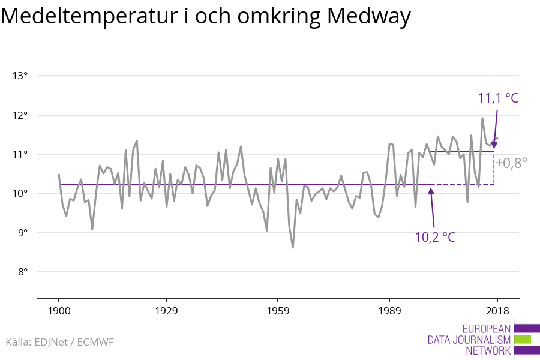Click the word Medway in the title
(x=369, y=17)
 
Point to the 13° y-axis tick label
(x=20, y=76)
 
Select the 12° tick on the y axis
(x=20, y=115)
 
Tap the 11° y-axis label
(x=20, y=154)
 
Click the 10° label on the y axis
(x=20, y=193)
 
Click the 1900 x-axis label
(x=59, y=311)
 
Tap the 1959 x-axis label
(x=278, y=311)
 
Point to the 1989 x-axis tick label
(x=389, y=311)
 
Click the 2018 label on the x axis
(x=497, y=311)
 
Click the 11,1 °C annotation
(x=497, y=98)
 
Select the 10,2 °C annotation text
(x=434, y=237)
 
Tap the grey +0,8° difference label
(x=511, y=162)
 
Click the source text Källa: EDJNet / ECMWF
(x=59, y=342)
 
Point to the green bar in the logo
(x=523, y=340)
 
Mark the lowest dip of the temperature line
(x=293, y=247)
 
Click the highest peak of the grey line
(x=482, y=118)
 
